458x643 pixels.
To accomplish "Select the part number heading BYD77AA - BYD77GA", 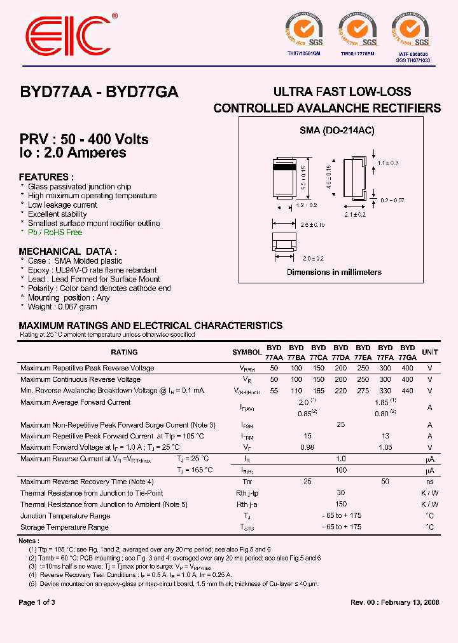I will tap(99, 91).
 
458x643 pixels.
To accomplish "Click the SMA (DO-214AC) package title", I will tap(337, 130).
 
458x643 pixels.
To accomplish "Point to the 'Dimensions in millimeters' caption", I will tap(334, 273).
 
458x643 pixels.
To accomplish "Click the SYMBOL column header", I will tap(247, 352).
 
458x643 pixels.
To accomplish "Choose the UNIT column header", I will tap(430, 352).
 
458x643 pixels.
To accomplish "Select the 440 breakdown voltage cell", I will tap(407, 391).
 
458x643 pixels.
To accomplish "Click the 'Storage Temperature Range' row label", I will tap(64, 527).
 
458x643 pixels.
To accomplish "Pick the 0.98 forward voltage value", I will tap(307, 447).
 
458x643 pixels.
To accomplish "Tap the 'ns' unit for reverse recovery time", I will tap(430, 482).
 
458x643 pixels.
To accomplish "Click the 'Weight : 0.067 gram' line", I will tap(62, 307).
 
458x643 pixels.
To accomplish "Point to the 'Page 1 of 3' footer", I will tap(37, 602).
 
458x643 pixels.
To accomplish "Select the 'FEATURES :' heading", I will tap(46, 177).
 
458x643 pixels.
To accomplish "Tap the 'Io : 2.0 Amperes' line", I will tap(73, 153).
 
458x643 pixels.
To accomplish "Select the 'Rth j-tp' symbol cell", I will tap(247, 493).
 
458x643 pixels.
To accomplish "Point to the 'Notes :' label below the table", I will tap(29, 541).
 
